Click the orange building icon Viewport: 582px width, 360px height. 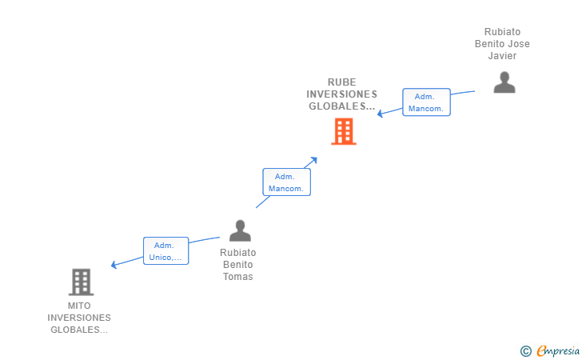(344, 131)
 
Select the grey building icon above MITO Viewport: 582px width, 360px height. (81, 282)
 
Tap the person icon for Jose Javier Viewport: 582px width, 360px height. (504, 82)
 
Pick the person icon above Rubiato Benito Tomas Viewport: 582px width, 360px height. (240, 230)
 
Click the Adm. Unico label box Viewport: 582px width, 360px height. (165, 251)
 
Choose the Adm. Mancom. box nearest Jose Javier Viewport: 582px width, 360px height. (426, 102)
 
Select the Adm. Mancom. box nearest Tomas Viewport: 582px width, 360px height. (286, 182)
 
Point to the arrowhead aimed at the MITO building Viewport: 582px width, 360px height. (114, 265)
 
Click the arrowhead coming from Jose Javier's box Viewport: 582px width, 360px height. (381, 114)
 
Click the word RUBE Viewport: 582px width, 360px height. (341, 82)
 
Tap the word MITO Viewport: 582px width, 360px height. (79, 306)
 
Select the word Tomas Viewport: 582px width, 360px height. (237, 277)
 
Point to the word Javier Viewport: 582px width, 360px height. (502, 56)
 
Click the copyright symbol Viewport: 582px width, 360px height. (525, 350)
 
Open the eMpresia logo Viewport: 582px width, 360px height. (556, 350)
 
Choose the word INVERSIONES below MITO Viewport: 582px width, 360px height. (79, 318)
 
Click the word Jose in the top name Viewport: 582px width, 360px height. (519, 44)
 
